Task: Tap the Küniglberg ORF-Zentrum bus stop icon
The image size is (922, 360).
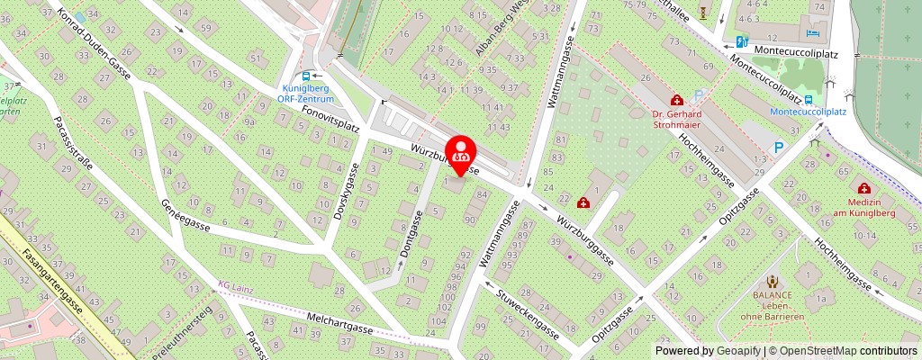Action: coord(307,76)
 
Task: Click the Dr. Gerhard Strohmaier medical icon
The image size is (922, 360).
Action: coord(675,99)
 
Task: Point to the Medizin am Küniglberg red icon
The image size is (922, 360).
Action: coord(864,188)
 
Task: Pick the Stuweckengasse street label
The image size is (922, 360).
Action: coord(526,305)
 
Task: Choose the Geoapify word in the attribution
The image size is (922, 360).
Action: coord(737,351)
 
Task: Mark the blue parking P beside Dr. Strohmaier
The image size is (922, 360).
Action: coord(698,94)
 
